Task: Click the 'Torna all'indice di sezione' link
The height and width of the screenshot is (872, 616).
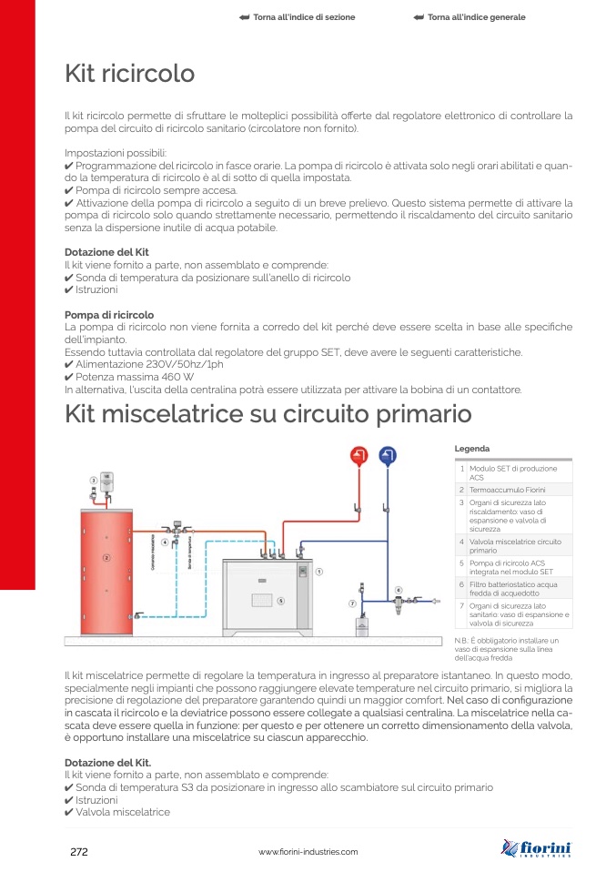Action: (297, 17)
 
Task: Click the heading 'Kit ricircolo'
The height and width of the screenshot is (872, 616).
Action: (129, 73)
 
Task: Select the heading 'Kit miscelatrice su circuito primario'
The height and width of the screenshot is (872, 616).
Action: (268, 414)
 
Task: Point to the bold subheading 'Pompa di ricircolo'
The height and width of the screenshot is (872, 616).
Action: (109, 315)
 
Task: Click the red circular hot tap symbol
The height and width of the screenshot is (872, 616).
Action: (360, 456)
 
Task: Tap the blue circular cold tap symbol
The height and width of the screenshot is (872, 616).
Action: (388, 456)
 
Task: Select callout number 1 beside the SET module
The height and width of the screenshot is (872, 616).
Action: (320, 572)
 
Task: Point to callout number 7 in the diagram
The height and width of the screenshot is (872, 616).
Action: (352, 603)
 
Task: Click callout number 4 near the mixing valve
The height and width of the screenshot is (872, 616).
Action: (165, 542)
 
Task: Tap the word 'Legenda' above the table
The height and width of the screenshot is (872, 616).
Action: (471, 449)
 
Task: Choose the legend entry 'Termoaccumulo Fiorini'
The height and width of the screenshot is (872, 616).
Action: (507, 490)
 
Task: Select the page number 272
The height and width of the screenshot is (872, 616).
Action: (78, 851)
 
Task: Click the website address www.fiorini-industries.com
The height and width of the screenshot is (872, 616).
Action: (308, 852)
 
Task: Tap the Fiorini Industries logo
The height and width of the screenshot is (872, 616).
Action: (538, 849)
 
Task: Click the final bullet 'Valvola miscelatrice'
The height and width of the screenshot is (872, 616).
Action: (123, 812)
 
